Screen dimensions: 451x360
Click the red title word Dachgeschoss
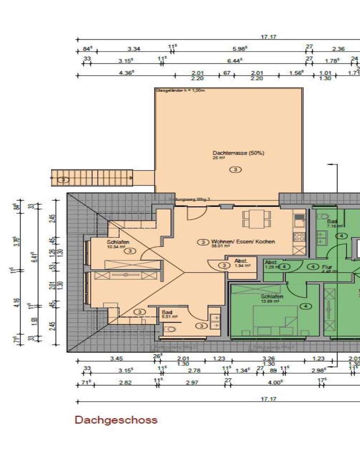(116, 420)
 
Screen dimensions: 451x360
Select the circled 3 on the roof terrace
(235, 169)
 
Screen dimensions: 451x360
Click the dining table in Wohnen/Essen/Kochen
(257, 218)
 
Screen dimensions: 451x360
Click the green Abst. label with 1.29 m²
(271, 263)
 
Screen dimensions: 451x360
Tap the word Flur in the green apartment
(327, 266)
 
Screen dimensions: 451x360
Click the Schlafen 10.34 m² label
(118, 242)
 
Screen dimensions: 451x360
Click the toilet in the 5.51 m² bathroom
(171, 329)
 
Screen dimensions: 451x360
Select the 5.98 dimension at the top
(240, 48)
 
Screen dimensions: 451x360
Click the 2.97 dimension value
(193, 382)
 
